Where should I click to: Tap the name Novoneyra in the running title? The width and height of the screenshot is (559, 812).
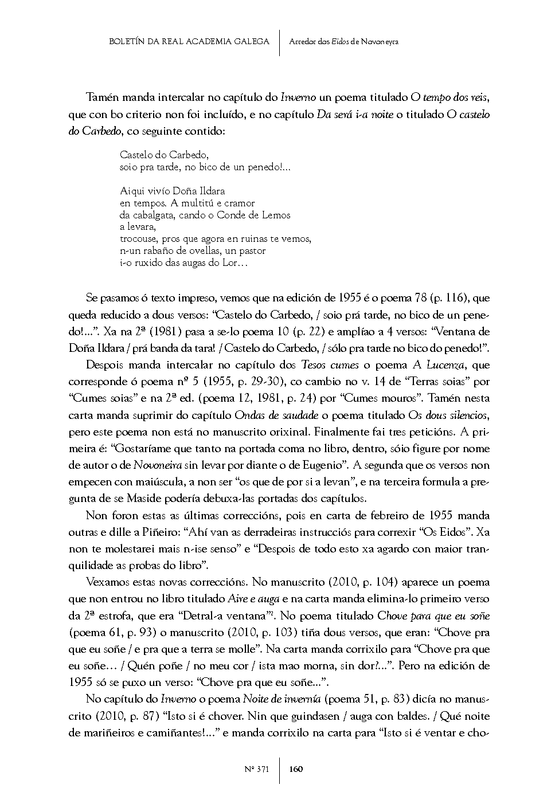(x=380, y=41)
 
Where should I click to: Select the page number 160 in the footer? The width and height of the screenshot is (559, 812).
(x=296, y=769)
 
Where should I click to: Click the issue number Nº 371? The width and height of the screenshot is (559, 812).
(x=258, y=769)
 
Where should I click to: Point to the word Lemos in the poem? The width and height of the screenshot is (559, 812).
(x=278, y=215)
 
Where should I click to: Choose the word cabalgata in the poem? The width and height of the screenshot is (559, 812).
(x=153, y=215)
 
